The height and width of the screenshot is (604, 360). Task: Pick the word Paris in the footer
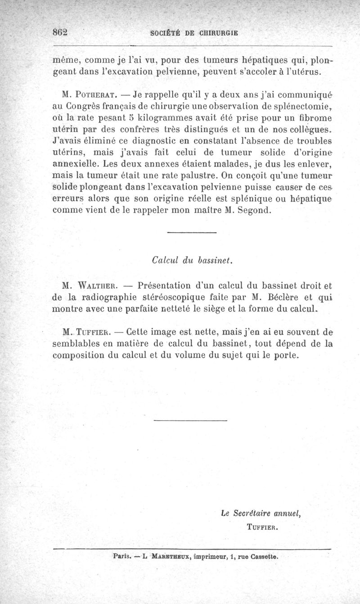click(121, 556)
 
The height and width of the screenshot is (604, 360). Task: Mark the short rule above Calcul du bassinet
click(191, 233)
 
